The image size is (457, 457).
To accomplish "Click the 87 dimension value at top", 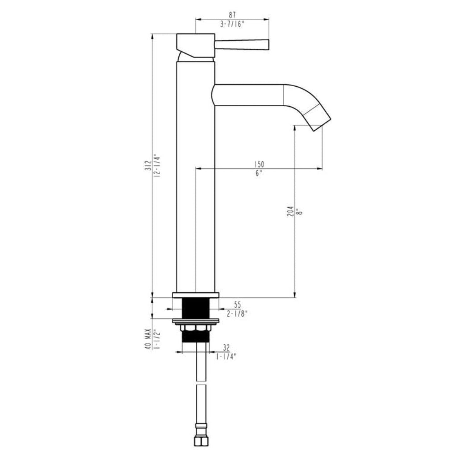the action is click(232, 15).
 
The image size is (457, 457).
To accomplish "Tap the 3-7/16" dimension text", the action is click(232, 24).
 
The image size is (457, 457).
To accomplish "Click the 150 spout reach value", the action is click(259, 164).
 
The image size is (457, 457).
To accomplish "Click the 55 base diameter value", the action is click(237, 305).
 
